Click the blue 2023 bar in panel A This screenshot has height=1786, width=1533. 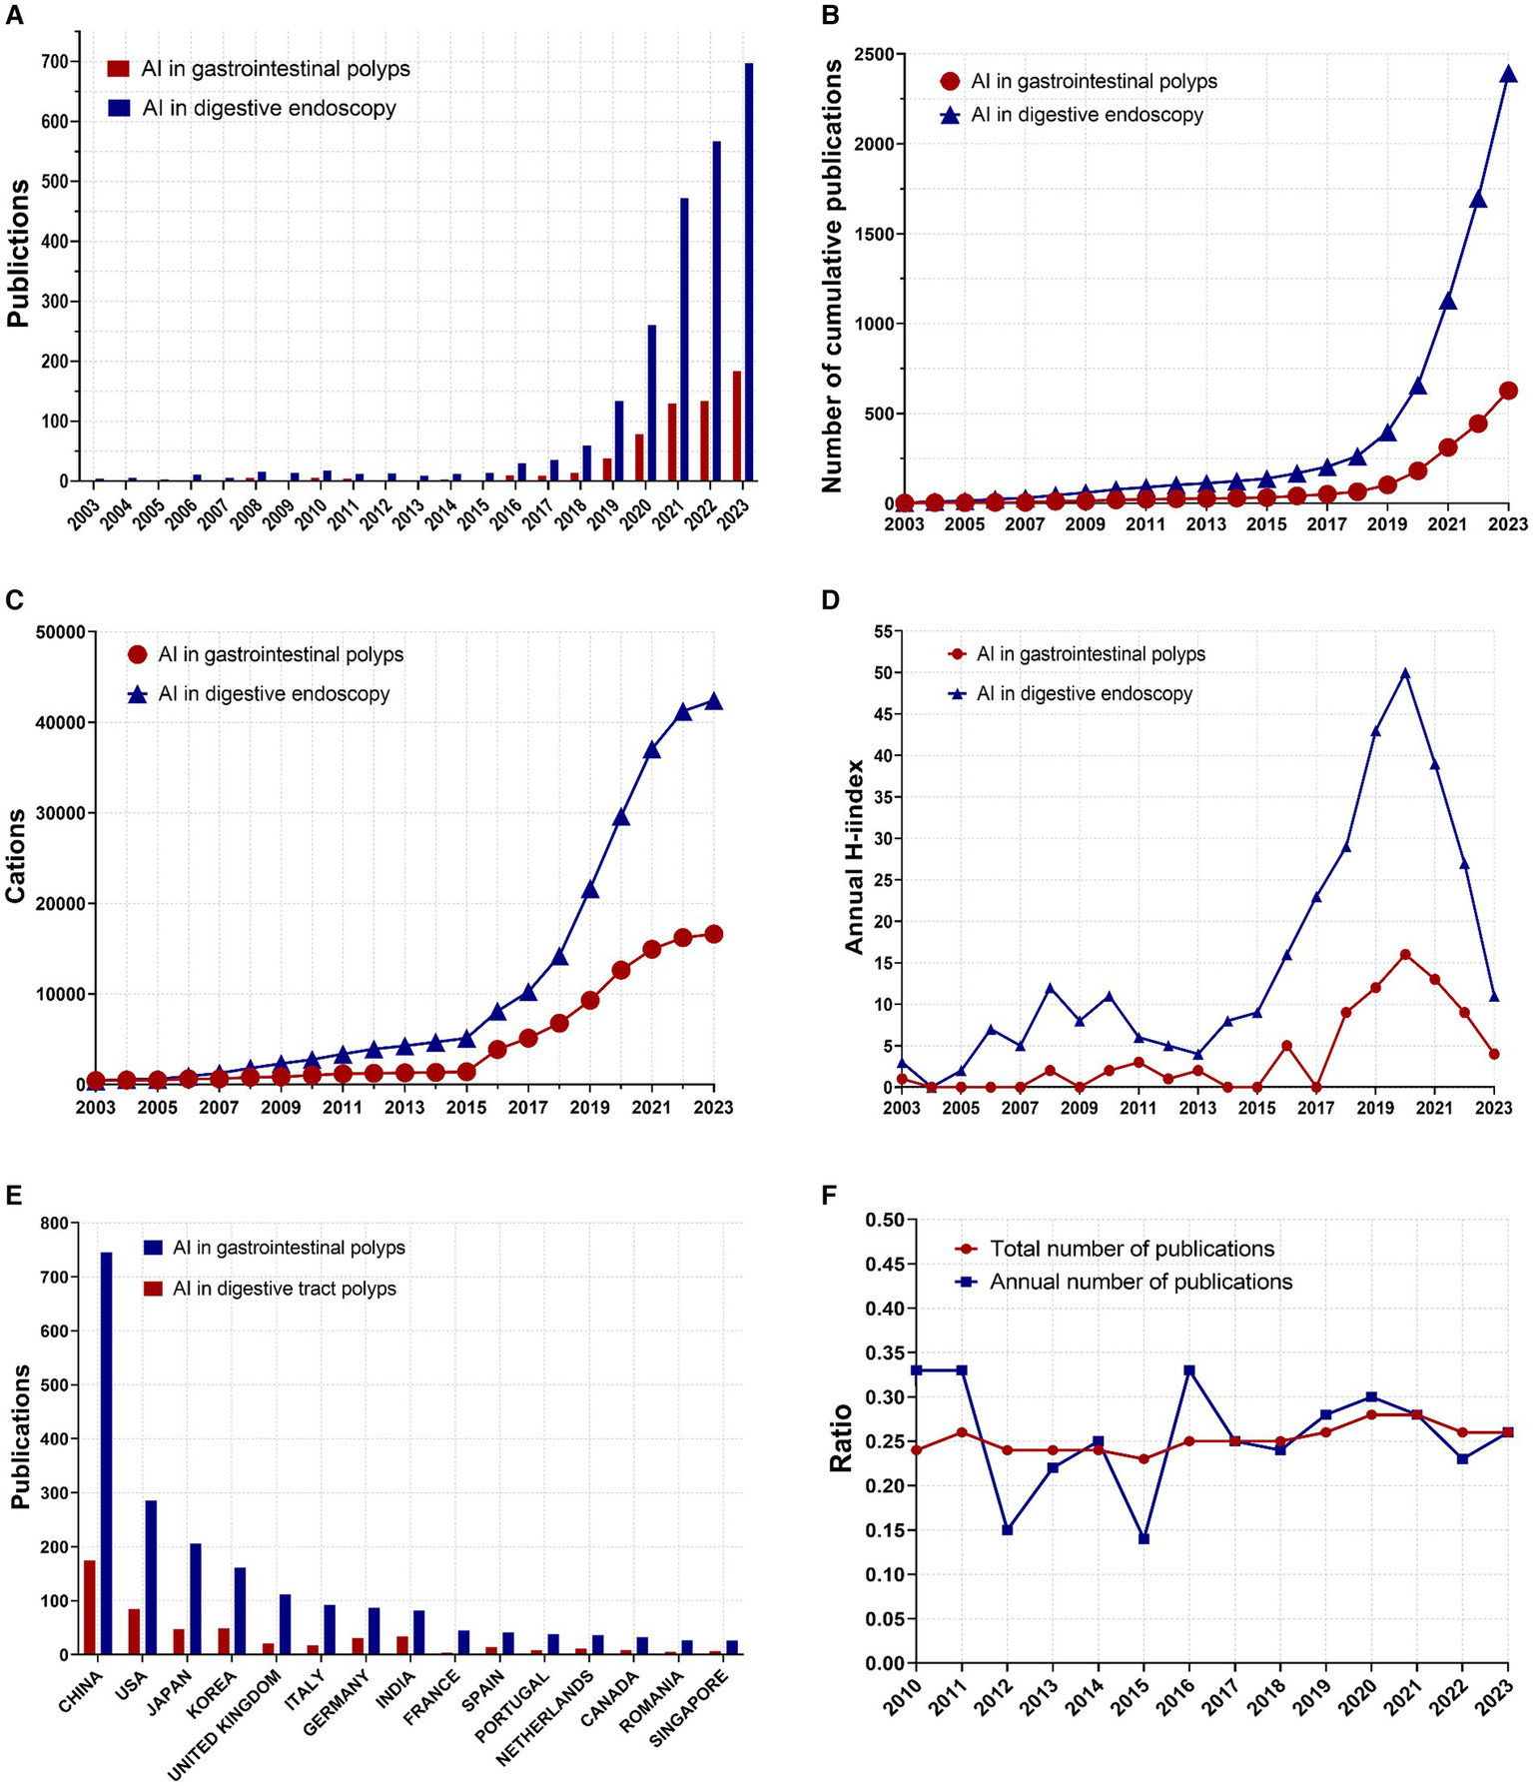coord(749,272)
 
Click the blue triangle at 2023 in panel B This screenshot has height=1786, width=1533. coord(1508,73)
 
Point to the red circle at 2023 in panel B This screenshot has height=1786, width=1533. coord(1508,391)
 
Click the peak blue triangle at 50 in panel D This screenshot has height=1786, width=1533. coord(1405,673)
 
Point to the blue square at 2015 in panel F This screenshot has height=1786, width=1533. coord(1145,1538)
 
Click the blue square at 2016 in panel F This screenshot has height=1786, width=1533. coord(1189,1370)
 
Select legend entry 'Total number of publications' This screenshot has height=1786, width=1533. coord(1132,1249)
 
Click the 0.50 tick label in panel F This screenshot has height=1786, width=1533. coord(883,1220)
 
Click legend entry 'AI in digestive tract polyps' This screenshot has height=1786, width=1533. coord(284,1289)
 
